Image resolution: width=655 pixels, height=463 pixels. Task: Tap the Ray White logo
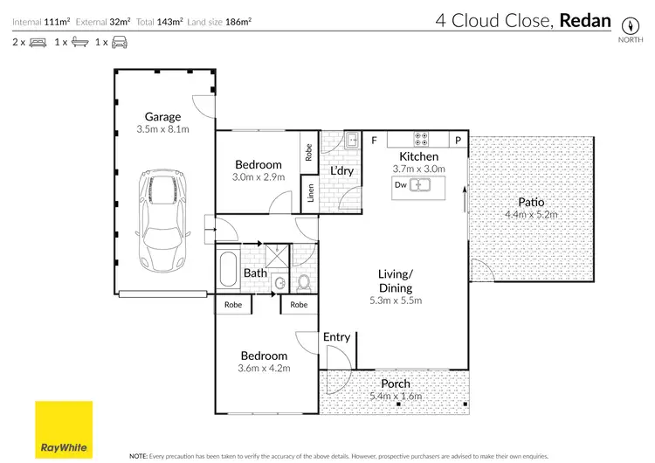coord(63,431)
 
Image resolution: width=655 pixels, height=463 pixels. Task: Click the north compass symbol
coord(627,24)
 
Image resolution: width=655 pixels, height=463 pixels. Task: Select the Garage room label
coord(162,116)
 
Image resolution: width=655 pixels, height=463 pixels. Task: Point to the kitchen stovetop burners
coord(421,139)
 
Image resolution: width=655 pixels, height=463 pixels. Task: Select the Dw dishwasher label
coord(400,185)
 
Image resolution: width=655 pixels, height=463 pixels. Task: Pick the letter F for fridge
coord(374,140)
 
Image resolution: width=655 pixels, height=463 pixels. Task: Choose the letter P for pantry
coord(458,140)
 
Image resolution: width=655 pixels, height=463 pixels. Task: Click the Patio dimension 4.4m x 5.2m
coord(531,214)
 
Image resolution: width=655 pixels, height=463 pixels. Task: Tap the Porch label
coord(396,384)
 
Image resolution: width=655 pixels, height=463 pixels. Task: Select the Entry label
coord(336,337)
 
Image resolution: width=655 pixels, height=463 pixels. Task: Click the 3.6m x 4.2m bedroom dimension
coord(264,369)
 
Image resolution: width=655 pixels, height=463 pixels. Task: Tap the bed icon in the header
coord(37,41)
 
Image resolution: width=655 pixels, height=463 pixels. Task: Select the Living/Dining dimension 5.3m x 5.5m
coord(396,301)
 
